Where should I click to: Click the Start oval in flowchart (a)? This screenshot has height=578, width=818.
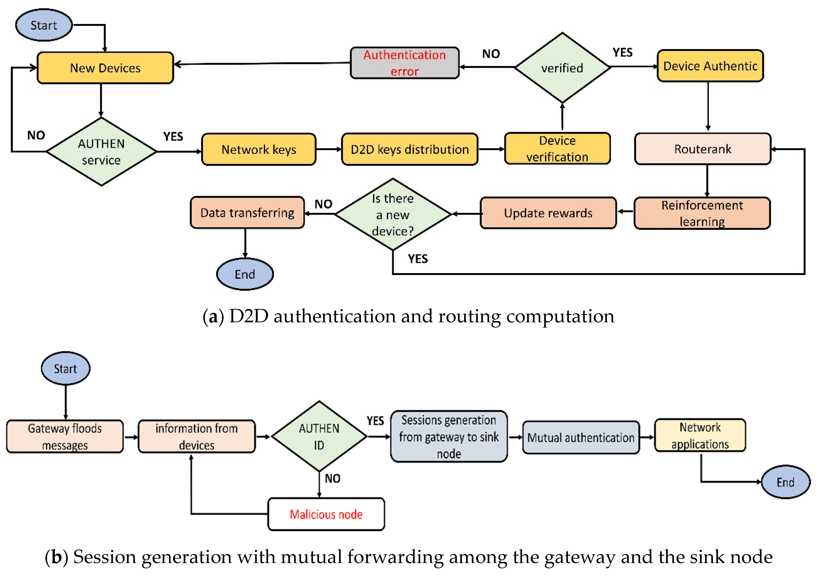pyautogui.click(x=44, y=25)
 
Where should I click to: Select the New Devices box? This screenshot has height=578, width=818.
pyautogui.click(x=105, y=68)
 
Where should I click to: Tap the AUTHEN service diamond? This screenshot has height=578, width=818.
pyautogui.click(x=101, y=152)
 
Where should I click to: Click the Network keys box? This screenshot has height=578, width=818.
pyautogui.click(x=259, y=149)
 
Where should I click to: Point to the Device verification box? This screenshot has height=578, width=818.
pyautogui.click(x=557, y=149)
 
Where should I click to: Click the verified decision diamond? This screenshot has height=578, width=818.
pyautogui.click(x=562, y=68)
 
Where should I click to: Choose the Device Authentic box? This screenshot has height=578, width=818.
pyautogui.click(x=710, y=66)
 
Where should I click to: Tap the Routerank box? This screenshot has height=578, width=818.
pyautogui.click(x=703, y=149)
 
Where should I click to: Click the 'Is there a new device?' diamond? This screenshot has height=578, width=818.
pyautogui.click(x=393, y=214)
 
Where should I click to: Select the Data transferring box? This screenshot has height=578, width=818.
pyautogui.click(x=247, y=213)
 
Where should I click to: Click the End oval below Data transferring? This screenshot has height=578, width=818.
pyautogui.click(x=245, y=274)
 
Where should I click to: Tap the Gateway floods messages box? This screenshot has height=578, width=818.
pyautogui.click(x=65, y=436)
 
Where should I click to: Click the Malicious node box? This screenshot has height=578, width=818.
pyautogui.click(x=326, y=514)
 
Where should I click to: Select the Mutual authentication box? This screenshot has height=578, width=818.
pyautogui.click(x=581, y=437)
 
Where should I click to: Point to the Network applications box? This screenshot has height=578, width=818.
pyautogui.click(x=700, y=435)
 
